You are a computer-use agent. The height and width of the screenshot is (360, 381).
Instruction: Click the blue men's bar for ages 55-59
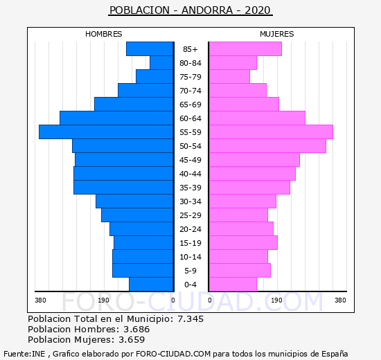point(106,132)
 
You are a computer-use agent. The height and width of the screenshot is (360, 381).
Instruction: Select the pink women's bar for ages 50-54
point(267,146)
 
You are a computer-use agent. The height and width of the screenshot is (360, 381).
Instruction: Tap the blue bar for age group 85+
point(150,49)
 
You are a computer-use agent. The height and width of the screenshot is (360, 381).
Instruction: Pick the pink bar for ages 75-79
point(229,77)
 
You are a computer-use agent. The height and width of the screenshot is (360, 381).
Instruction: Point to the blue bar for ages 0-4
point(151,285)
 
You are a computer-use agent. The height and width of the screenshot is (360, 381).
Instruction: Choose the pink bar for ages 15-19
point(243,243)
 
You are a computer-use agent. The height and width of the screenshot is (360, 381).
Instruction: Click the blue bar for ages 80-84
point(161,63)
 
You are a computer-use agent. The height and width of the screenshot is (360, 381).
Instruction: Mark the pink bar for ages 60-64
point(257,118)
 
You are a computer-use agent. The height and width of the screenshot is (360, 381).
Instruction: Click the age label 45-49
point(190,160)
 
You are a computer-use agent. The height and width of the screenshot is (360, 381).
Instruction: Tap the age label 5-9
point(190,271)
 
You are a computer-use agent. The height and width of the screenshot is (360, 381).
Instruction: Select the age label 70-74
point(190,91)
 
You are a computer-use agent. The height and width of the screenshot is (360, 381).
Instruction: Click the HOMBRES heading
point(104,34)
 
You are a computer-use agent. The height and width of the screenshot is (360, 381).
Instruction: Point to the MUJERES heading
point(277,34)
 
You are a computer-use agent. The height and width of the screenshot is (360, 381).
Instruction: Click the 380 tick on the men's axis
point(40,300)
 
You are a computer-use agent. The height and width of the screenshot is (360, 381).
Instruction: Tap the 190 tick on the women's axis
point(277,300)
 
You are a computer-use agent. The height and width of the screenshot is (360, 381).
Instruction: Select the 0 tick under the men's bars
point(173,300)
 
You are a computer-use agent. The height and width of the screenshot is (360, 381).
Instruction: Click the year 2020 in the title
point(258,10)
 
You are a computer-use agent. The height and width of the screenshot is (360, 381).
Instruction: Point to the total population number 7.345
point(190,319)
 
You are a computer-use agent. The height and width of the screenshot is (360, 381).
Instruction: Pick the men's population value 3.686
point(136,330)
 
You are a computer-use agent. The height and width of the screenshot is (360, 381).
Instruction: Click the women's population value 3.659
point(132,340)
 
